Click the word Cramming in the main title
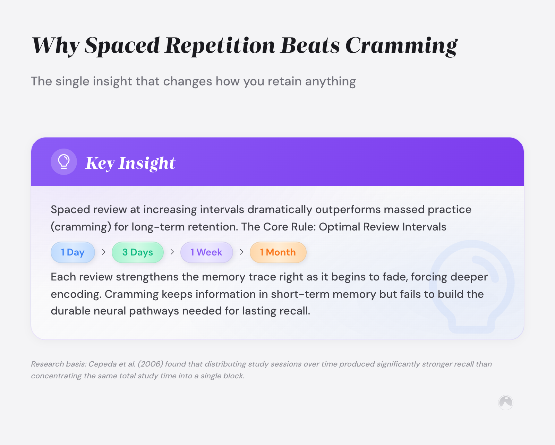(x=401, y=46)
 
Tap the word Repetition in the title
(x=220, y=46)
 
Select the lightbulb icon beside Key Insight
(x=64, y=162)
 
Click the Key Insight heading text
(x=130, y=163)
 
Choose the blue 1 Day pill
(x=73, y=252)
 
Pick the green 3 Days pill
(x=138, y=252)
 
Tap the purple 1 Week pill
(x=206, y=252)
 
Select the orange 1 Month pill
(x=278, y=252)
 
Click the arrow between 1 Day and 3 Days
(x=103, y=252)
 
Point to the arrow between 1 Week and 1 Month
(x=241, y=252)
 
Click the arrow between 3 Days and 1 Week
(x=172, y=252)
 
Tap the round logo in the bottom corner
(x=506, y=403)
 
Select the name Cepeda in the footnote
(x=103, y=364)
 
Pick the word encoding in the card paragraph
(x=76, y=294)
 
